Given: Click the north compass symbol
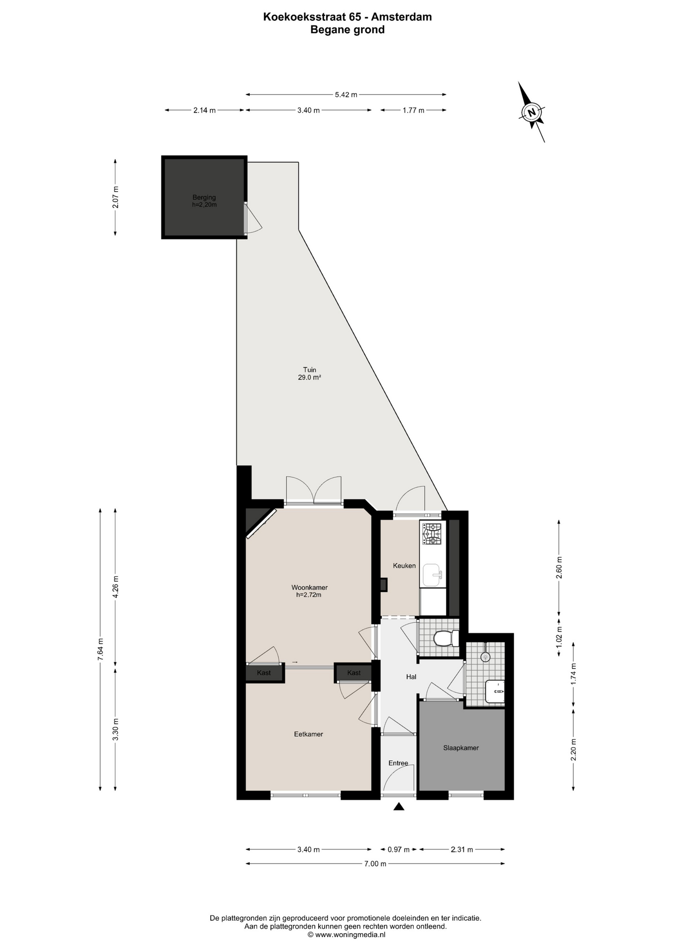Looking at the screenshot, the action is [532, 112].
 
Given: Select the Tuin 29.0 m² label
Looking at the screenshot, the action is [310, 373].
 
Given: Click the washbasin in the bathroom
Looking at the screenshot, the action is [495, 691].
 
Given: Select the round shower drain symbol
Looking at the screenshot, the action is [486, 657].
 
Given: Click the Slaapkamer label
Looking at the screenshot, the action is [461, 748].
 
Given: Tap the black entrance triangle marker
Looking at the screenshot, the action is [399, 807].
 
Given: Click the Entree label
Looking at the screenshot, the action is [398, 763].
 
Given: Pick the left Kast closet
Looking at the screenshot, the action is [265, 673].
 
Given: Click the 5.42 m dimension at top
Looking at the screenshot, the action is [346, 95].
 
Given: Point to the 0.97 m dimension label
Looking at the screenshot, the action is [398, 849].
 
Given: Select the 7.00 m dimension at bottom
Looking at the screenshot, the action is [375, 864].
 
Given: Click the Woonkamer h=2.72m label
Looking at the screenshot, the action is [309, 591].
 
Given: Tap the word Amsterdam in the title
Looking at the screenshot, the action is [401, 17].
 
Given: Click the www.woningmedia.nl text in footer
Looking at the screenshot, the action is [350, 935].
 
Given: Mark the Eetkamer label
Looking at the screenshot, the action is [308, 734].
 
